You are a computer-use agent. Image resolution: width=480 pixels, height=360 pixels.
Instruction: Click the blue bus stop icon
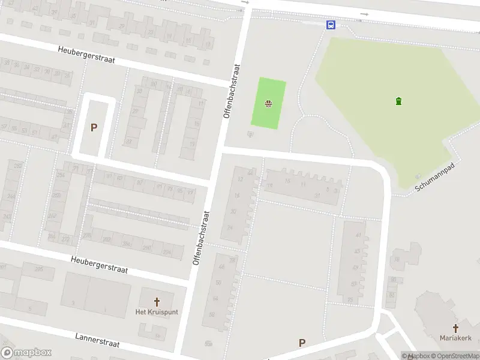click(331, 25)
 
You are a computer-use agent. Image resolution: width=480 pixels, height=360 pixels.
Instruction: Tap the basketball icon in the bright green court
click(268, 104)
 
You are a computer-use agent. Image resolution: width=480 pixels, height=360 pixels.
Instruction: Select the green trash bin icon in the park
click(399, 101)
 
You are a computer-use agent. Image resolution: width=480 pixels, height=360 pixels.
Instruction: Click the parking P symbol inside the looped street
click(94, 127)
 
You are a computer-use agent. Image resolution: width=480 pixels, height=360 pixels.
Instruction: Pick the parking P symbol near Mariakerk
click(302, 343)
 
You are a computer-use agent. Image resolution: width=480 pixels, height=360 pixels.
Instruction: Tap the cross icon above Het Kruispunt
click(157, 302)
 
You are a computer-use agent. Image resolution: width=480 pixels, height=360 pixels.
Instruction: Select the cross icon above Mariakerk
click(455, 328)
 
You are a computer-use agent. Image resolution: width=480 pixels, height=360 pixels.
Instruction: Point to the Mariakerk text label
click(455, 338)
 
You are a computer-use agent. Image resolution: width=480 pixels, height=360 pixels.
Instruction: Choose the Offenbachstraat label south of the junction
click(201, 238)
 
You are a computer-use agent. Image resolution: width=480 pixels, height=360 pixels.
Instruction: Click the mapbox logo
click(26, 353)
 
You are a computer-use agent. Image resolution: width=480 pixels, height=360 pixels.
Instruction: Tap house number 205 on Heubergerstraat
click(39, 270)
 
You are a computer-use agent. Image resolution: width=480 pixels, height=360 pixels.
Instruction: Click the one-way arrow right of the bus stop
click(365, 14)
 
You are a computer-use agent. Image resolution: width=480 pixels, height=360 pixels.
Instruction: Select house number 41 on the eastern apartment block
click(359, 235)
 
